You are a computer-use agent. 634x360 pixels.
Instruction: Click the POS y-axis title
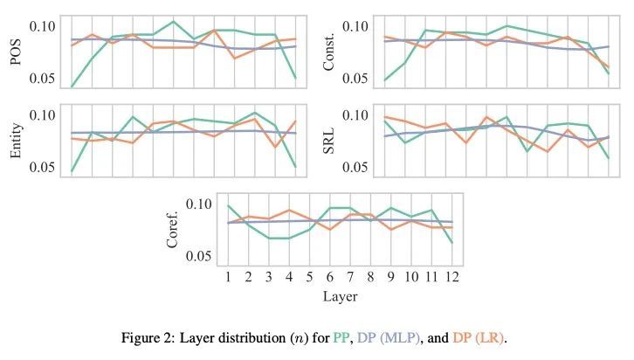click(x=16, y=52)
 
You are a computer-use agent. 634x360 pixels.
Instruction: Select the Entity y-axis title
click(x=16, y=140)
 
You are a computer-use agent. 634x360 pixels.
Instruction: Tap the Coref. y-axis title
click(x=173, y=229)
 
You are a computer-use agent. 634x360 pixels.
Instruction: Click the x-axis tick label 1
click(x=228, y=278)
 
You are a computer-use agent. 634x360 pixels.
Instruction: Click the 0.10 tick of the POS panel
click(x=42, y=26)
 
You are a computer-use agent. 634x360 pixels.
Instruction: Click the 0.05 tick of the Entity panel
click(x=42, y=167)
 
